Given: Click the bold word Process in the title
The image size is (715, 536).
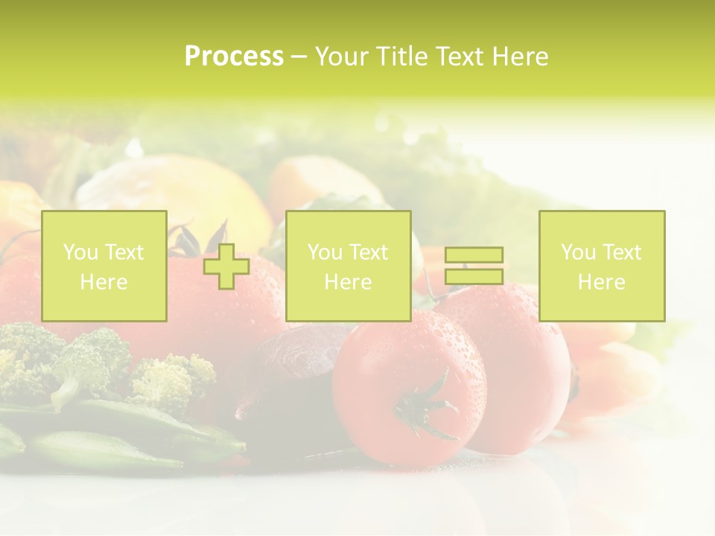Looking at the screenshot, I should click(234, 57).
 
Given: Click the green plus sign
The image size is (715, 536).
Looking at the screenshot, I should click(226, 267).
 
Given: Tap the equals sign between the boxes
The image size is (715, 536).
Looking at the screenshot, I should click(474, 266).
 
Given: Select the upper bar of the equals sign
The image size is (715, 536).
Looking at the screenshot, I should click(474, 255).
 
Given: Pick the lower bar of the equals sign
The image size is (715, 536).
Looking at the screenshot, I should click(474, 276).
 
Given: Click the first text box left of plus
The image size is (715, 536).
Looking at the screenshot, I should click(104, 266).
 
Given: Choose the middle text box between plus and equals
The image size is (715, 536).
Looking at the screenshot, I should click(348, 266).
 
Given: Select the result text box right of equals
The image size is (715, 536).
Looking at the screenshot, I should click(602, 266).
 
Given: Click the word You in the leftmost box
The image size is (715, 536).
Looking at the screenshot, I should click(79, 252).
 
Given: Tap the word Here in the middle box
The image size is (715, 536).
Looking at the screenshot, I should click(348, 282).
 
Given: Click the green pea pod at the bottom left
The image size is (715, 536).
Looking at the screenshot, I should click(104, 451).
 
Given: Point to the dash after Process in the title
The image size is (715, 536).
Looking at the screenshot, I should click(299, 57).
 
